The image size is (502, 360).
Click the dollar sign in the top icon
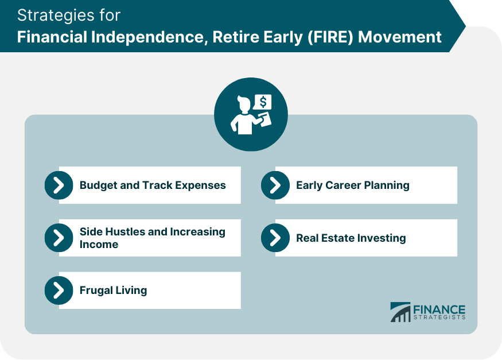(263, 102)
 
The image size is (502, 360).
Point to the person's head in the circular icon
(244, 106)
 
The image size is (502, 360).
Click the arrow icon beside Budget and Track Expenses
(59, 185)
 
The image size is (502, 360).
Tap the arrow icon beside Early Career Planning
(275, 185)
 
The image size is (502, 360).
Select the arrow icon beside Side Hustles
(59, 238)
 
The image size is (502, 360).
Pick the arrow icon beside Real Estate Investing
(275, 238)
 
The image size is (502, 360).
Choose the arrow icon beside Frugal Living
(59, 291)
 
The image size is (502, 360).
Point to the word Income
(99, 245)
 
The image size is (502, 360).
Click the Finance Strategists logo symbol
(400, 312)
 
